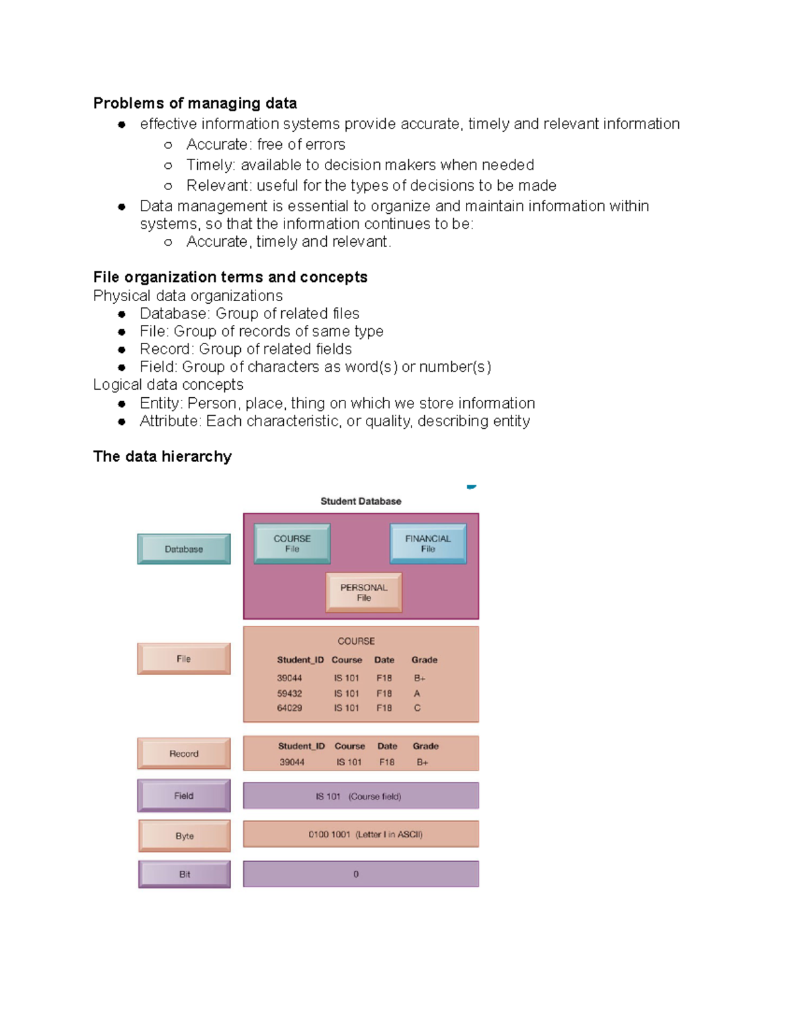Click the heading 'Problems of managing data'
coord(195,103)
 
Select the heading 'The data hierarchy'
coord(162,457)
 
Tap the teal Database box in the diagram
coord(184,549)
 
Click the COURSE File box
coord(292,543)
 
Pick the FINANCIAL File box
coord(428,543)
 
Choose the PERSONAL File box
coord(364,592)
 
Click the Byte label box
coord(185,836)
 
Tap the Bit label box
coord(185,874)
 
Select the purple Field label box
coord(184,796)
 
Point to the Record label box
coord(184,753)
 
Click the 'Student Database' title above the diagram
coord(361,501)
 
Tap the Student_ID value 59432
coord(289,694)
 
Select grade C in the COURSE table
coord(417,708)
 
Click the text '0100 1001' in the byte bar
coord(329,834)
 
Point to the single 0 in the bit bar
coord(356,874)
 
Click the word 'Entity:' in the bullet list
coord(161,403)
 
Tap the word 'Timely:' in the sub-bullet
coord(210,165)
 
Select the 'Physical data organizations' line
coord(188,296)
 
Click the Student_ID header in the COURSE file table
coord(300,660)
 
